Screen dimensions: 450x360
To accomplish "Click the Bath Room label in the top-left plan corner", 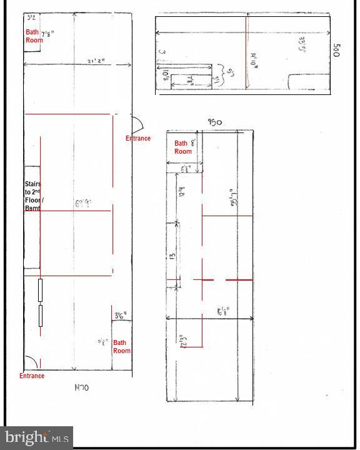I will (x=34, y=36).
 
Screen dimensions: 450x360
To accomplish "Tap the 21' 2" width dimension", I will (x=96, y=61).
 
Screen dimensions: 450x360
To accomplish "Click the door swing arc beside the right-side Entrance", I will (x=138, y=122).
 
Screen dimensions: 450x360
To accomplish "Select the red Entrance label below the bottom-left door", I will (x=32, y=376).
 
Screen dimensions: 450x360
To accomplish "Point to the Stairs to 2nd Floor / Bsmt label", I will (x=32, y=196).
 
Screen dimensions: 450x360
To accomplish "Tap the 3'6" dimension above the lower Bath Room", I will (x=121, y=316).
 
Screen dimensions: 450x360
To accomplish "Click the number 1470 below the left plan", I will (x=82, y=387).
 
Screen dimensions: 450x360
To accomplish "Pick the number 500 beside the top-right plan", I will (x=337, y=50).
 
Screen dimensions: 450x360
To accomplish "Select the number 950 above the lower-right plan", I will (x=214, y=123).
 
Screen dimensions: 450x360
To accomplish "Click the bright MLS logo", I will (x=37, y=437).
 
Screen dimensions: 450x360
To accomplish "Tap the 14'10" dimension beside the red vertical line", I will (x=254, y=63).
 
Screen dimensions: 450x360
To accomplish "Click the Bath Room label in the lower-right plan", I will (x=182, y=147).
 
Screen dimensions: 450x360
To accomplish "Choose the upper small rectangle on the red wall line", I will (x=41, y=291).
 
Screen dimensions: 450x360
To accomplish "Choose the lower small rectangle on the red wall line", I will (x=41, y=316).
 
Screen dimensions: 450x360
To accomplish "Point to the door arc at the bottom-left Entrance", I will (x=29, y=362).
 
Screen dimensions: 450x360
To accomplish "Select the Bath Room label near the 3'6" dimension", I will (x=121, y=346).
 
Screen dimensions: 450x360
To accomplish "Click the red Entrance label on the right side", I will (x=137, y=138).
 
